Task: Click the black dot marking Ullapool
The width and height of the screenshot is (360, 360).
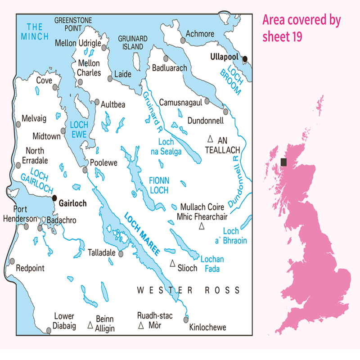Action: [245, 58]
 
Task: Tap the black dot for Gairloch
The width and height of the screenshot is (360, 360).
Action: [54, 198]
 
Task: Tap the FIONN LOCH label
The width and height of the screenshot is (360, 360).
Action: [158, 185]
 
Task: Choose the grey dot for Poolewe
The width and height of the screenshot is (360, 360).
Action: [85, 170]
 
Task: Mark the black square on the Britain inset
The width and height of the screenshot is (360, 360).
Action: [284, 162]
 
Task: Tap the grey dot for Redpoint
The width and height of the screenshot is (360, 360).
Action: [13, 261]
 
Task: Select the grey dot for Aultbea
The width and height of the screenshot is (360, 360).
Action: [97, 102]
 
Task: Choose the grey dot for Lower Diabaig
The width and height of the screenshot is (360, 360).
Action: [49, 331]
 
